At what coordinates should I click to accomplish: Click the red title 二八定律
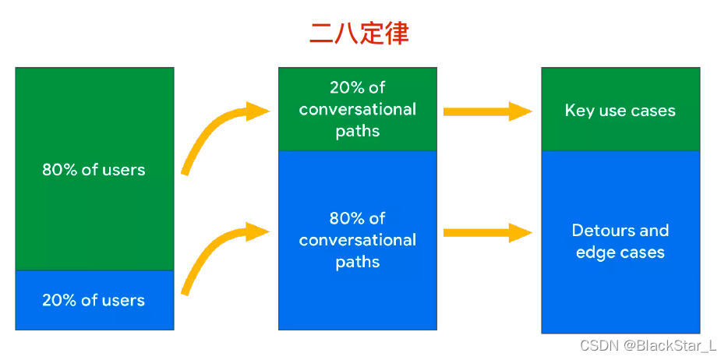(359, 34)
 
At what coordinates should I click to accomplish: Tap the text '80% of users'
(94, 170)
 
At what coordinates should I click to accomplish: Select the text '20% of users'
(94, 300)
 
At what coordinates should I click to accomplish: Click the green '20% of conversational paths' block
(358, 109)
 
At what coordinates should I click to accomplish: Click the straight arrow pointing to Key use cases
(487, 111)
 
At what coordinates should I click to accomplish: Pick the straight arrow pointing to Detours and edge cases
(487, 232)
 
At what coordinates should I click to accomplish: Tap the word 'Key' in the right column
(579, 111)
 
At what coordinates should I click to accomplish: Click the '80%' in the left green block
(58, 170)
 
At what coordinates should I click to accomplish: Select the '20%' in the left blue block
(58, 300)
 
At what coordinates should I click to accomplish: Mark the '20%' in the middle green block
(346, 87)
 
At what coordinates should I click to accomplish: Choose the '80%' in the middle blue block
(346, 218)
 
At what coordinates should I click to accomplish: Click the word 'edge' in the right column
(594, 253)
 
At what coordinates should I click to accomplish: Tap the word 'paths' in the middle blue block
(358, 262)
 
